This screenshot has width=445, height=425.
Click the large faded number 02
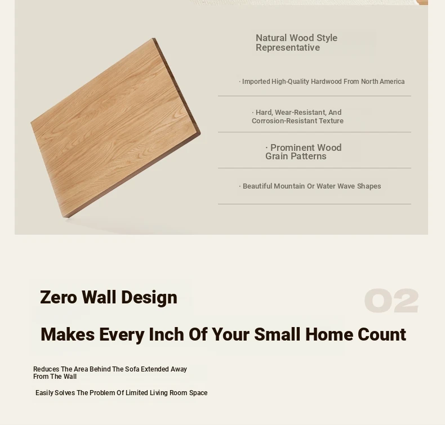(391, 301)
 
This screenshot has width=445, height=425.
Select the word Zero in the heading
(59, 297)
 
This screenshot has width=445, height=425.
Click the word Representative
(288, 48)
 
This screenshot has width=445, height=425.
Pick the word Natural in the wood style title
(271, 38)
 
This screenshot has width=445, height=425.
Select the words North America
(382, 82)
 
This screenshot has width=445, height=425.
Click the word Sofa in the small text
(132, 369)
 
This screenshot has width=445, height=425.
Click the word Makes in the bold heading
(68, 334)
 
